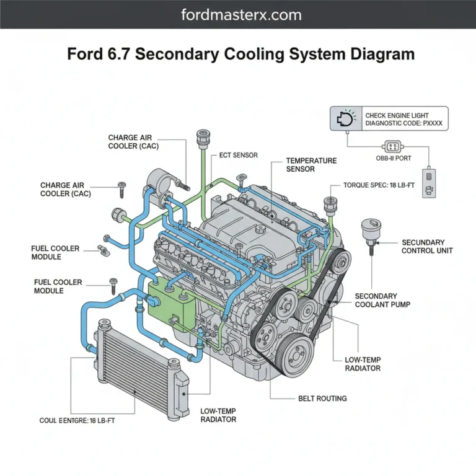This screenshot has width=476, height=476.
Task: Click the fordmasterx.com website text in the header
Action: coord(238,14)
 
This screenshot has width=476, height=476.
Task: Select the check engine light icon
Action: coord(345,118)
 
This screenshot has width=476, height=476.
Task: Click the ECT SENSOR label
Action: coord(239,155)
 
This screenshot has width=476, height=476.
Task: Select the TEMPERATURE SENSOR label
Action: coord(311,165)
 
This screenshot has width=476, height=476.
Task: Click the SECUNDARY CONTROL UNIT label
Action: coord(427,247)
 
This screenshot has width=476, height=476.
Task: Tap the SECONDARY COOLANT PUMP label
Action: coord(384,300)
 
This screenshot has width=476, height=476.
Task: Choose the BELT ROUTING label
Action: coord(322,399)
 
